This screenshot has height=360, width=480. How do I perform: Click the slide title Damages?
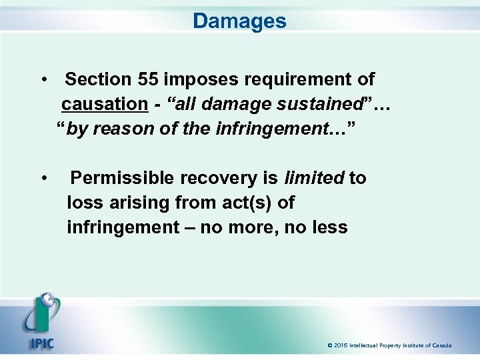point(239,21)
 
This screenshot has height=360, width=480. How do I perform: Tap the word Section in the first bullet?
point(98,80)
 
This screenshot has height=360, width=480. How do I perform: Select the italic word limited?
point(314,178)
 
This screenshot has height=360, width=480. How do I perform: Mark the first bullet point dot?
point(43,80)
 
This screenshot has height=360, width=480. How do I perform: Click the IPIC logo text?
point(41,345)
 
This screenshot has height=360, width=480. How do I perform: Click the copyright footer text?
point(389,345)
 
